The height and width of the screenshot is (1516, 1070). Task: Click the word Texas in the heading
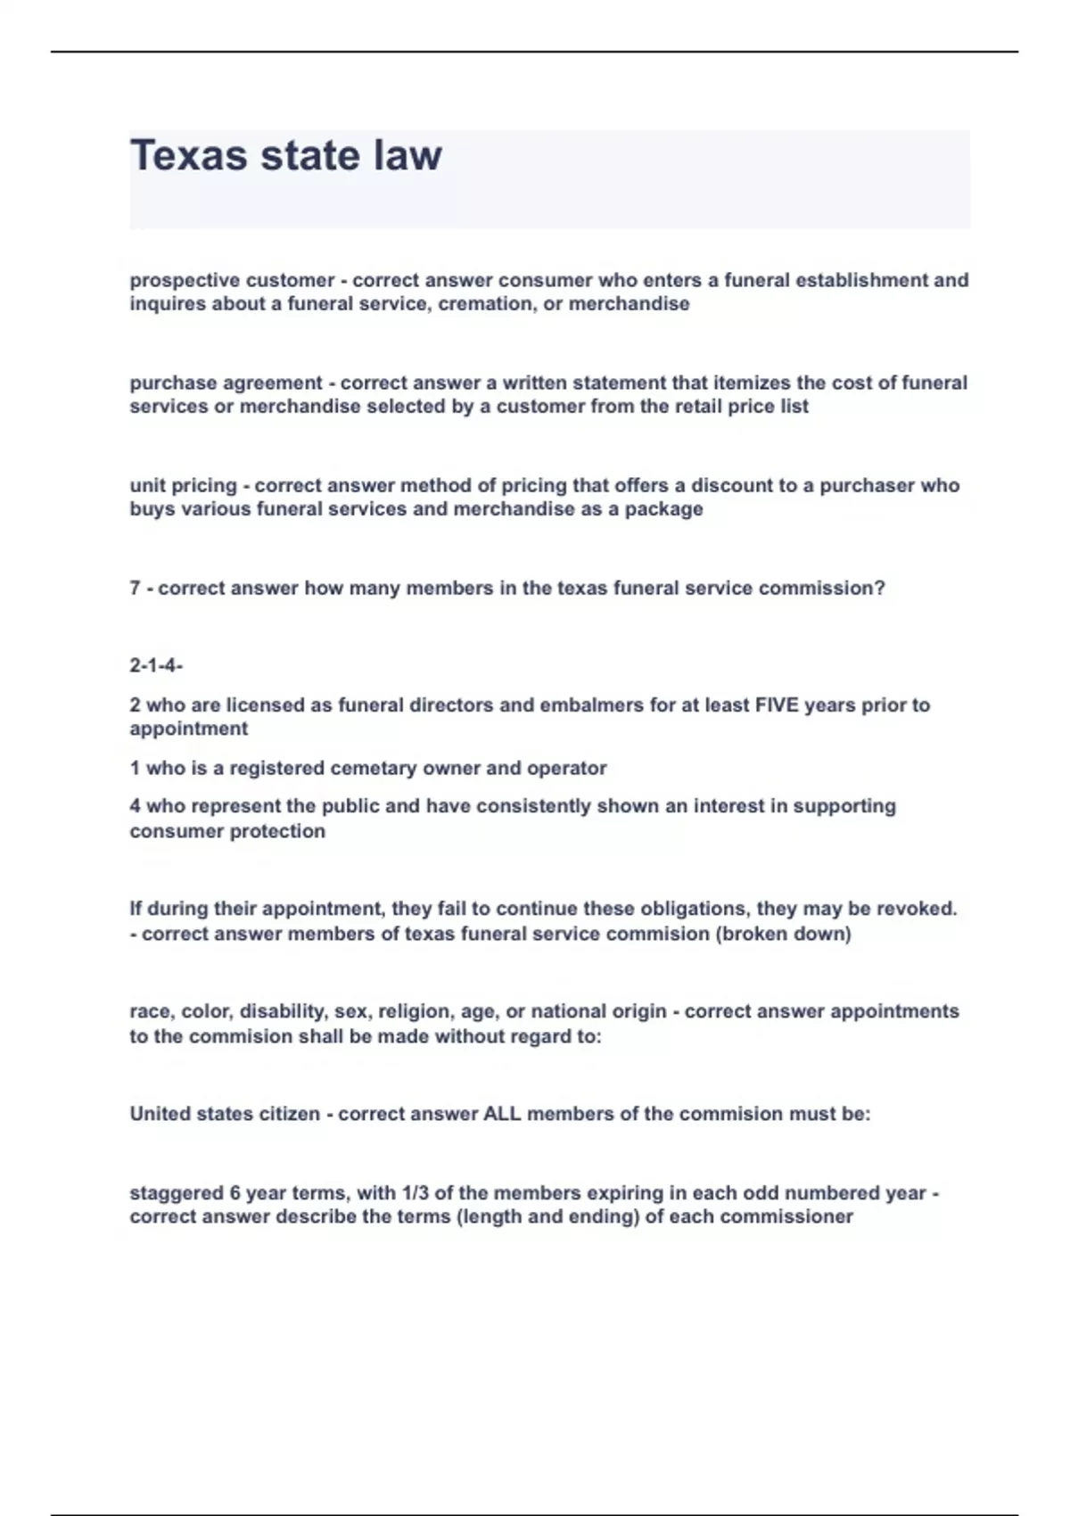[x=188, y=155]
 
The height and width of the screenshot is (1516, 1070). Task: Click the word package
[x=663, y=509]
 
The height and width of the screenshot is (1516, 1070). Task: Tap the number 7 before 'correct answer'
[x=135, y=589]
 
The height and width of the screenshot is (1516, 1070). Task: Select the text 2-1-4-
[x=156, y=665]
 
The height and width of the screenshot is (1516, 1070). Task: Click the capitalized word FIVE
[x=777, y=705]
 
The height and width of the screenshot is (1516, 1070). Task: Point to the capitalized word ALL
[x=501, y=1114]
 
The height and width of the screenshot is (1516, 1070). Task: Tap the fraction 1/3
[x=416, y=1193]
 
